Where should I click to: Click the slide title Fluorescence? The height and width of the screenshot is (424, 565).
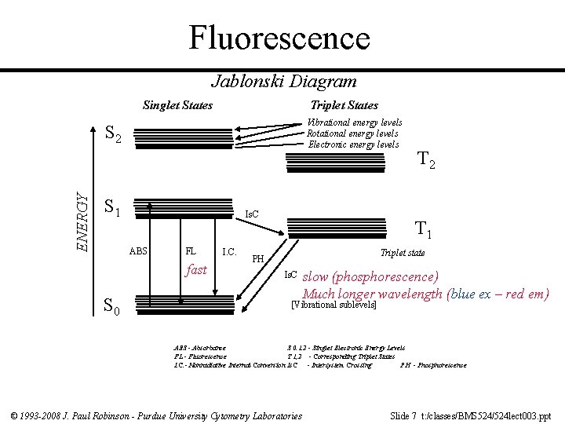pyautogui.click(x=279, y=37)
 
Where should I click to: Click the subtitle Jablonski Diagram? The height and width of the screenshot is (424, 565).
pyautogui.click(x=283, y=81)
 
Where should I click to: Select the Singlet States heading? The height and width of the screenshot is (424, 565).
pyautogui.click(x=177, y=104)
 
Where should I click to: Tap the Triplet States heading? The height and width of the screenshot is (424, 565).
pyautogui.click(x=344, y=104)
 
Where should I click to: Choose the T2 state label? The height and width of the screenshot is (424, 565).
pyautogui.click(x=427, y=162)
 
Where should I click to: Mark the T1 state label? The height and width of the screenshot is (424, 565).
pyautogui.click(x=424, y=230)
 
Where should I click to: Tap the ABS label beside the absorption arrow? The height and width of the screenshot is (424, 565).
pyautogui.click(x=138, y=252)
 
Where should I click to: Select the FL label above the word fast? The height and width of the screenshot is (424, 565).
pyautogui.click(x=190, y=252)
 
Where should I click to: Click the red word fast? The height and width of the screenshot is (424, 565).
pyautogui.click(x=196, y=269)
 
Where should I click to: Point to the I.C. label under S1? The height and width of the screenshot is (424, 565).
pyautogui.click(x=230, y=252)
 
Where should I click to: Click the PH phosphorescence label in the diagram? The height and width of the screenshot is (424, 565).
pyautogui.click(x=257, y=258)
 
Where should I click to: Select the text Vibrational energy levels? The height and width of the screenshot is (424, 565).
pyautogui.click(x=355, y=122)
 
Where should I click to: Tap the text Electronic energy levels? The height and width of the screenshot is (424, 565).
pyautogui.click(x=353, y=144)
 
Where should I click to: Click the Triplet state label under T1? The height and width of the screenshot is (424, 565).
pyautogui.click(x=402, y=253)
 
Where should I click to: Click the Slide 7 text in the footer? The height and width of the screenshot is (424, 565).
pyautogui.click(x=406, y=415)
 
